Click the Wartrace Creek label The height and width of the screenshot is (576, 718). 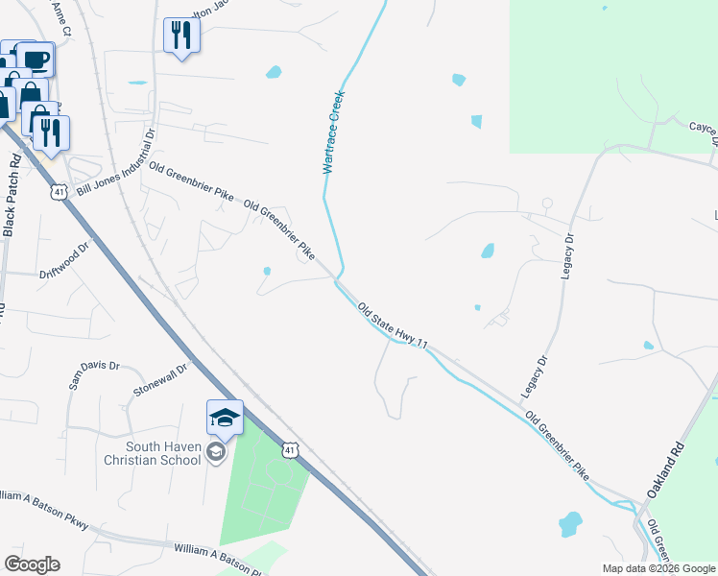point(333,132)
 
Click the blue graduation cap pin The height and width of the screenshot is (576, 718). point(225,419)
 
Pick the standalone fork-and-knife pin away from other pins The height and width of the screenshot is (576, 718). point(180,36)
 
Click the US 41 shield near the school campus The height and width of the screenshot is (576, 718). point(290,449)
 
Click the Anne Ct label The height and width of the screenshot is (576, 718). point(62,18)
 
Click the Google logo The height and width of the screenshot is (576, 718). point(32,564)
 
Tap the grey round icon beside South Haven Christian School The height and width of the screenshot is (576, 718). point(216,452)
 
